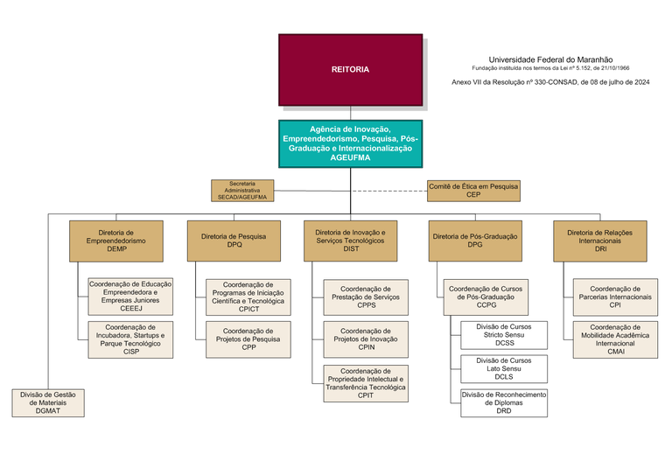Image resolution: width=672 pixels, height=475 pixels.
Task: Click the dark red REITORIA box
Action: point(350,69)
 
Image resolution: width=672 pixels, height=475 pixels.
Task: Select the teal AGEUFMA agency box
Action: point(350,143)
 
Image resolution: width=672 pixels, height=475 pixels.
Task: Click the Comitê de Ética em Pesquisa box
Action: point(473,191)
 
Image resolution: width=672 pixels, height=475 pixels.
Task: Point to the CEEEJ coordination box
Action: point(130,297)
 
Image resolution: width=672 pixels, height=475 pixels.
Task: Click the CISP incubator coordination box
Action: point(130,339)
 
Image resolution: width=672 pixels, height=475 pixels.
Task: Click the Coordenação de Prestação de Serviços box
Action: point(365,297)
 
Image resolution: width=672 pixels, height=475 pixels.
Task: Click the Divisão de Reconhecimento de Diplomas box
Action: point(504,402)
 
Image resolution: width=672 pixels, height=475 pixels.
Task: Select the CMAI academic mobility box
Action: point(615,339)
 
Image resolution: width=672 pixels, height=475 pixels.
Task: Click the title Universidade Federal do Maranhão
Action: point(549,58)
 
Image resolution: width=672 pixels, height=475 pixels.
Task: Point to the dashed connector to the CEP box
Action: point(388,191)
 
